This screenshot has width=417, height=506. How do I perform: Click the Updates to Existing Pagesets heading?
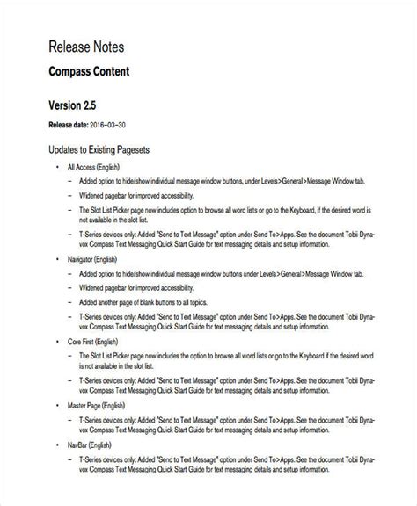[x=106, y=150]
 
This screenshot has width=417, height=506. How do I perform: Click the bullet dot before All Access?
[x=58, y=167]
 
